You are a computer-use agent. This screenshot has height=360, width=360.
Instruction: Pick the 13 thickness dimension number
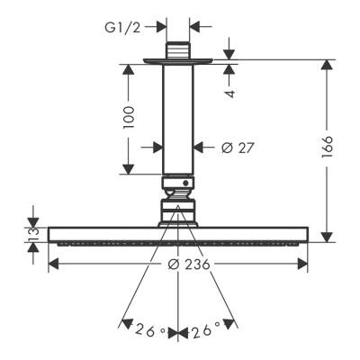click(x=33, y=235)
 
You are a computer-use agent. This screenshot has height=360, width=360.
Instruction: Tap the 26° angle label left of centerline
click(x=148, y=331)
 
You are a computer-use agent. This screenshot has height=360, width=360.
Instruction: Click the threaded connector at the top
click(x=178, y=49)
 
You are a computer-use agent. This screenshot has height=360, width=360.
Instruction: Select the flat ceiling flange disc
click(x=178, y=62)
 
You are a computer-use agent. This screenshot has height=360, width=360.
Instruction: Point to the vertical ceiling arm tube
click(x=178, y=117)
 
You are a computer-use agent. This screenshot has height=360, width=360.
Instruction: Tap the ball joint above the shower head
click(x=178, y=192)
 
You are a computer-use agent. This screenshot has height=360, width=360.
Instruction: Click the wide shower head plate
click(x=178, y=235)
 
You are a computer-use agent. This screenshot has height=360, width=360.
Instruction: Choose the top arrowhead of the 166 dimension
click(x=326, y=66)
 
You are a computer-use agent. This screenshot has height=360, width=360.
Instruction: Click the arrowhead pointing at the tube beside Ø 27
click(x=201, y=146)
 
